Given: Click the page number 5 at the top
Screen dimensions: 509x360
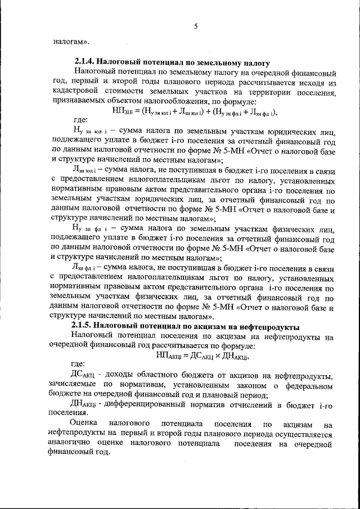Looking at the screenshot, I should [196, 26].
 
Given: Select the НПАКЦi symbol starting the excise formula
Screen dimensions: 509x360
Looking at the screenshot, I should [169, 355].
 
